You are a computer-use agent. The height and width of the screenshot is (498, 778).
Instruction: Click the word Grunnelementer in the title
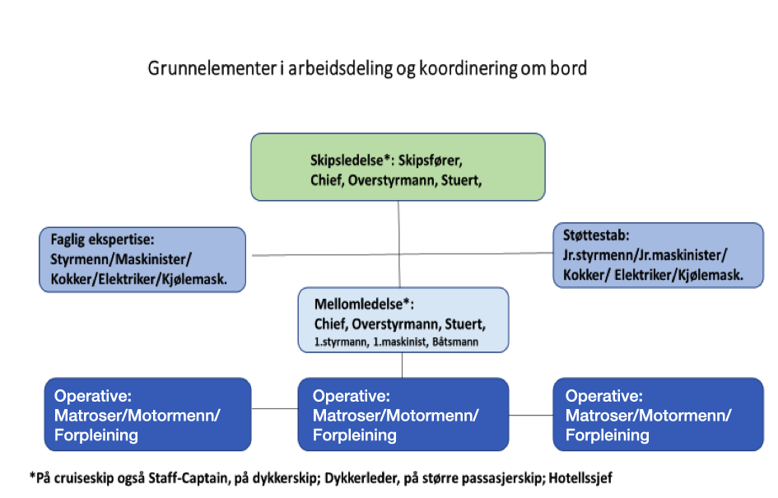pos(212,68)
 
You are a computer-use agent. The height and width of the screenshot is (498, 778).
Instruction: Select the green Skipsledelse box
pos(398,166)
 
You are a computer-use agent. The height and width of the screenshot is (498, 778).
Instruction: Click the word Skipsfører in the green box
pos(431,161)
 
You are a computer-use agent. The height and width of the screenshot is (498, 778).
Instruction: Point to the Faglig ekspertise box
pos(142,259)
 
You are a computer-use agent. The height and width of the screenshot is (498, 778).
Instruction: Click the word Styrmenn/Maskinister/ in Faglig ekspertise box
pos(120,259)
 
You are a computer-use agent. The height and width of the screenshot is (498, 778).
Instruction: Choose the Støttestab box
pos(658,255)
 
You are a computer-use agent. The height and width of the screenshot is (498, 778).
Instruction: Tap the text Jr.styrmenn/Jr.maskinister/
pos(645,255)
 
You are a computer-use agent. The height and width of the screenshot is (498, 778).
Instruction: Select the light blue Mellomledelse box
pos(403,320)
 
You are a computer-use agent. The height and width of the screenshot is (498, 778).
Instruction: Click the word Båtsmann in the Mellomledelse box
pos(455,342)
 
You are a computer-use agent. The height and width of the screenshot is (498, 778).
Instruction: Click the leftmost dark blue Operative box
pos(147,414)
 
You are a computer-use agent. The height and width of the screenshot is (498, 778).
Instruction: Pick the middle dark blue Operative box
pos(403,414)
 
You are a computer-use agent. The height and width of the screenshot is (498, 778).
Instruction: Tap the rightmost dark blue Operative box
pos(658,414)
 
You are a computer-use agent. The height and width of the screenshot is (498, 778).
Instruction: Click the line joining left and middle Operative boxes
pos(274,409)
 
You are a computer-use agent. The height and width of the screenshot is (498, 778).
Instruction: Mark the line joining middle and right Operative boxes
pos(531,415)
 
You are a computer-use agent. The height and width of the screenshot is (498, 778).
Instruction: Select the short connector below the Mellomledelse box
pos(402,365)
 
